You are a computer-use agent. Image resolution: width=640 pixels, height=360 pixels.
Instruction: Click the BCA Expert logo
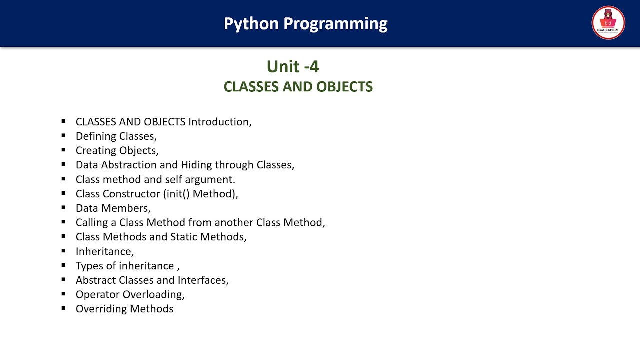(608, 23)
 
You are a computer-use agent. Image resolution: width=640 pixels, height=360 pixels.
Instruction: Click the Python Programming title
(305, 23)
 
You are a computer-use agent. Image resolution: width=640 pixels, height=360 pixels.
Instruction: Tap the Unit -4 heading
(293, 66)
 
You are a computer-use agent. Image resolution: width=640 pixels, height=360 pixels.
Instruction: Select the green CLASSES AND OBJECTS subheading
(298, 87)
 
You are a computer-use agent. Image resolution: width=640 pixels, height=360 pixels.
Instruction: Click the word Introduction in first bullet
(219, 122)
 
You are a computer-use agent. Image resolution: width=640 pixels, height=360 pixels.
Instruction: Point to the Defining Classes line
(116, 136)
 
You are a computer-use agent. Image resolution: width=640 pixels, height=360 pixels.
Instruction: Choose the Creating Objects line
(117, 151)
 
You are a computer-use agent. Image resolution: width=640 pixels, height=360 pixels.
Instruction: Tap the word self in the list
(174, 179)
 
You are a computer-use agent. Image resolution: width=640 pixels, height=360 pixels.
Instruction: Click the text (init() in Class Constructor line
(176, 194)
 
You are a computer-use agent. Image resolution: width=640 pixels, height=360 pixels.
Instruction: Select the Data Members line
(113, 208)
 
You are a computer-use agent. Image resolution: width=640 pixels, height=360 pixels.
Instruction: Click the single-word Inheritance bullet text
(105, 251)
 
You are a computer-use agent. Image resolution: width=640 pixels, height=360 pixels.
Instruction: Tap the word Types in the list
(89, 266)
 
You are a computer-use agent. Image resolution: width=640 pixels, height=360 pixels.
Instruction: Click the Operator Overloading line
(130, 295)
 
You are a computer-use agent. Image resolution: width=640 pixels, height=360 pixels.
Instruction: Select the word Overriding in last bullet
(101, 309)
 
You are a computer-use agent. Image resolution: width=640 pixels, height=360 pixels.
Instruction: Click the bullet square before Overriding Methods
(64, 308)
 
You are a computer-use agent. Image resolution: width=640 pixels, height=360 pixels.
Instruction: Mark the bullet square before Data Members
(64, 207)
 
